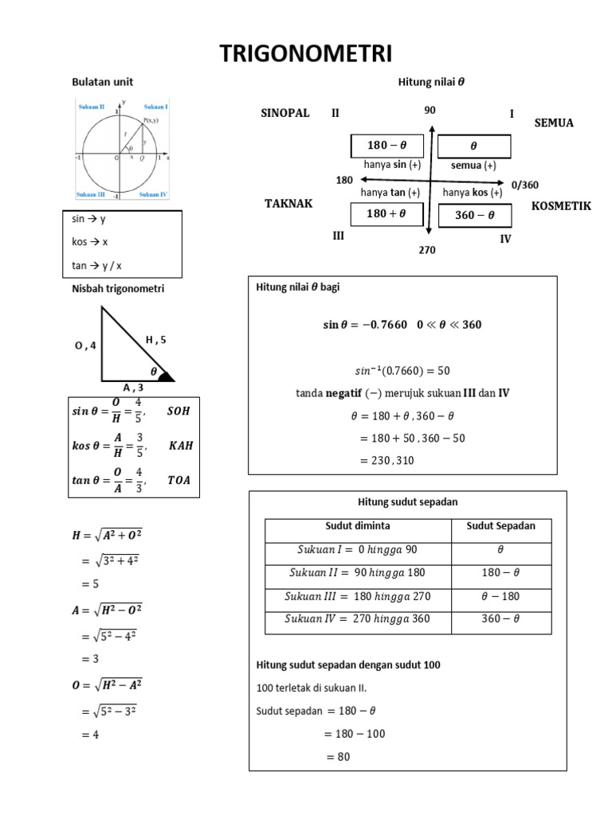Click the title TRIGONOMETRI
point(306,54)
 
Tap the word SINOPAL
point(284,113)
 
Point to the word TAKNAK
point(288,204)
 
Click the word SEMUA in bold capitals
point(554,123)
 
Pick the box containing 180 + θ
point(386,214)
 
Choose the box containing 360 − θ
point(474,215)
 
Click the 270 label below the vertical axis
point(427,250)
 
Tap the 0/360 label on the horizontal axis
point(525,185)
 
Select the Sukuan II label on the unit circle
point(91,107)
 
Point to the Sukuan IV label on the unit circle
point(153,195)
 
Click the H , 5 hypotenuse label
point(155,340)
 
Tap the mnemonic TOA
point(179,480)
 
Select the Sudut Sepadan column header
point(500,526)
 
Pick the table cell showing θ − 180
point(500,595)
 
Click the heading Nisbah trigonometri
point(118,289)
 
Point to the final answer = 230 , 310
point(387,460)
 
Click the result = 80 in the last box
point(339,757)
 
